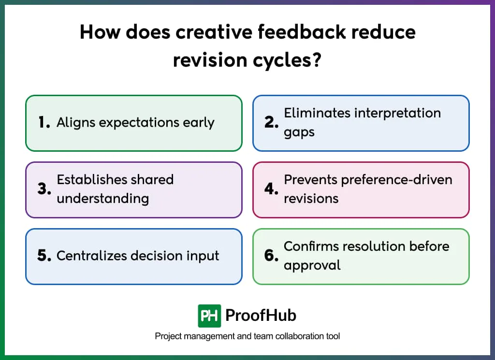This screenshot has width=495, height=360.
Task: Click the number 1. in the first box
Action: [44, 123]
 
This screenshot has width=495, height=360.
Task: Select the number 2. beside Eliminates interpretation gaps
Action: [271, 123]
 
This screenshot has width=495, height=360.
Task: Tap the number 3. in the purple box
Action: [44, 189]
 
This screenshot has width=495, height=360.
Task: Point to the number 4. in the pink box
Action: [271, 189]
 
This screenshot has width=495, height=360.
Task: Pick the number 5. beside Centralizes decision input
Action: [44, 256]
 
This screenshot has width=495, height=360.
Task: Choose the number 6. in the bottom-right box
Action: [271, 256]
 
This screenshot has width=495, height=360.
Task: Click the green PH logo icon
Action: [209, 316]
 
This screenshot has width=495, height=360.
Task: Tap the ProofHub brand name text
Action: [261, 316]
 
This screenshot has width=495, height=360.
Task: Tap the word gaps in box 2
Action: [299, 132]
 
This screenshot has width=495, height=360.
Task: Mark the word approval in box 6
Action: [312, 265]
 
